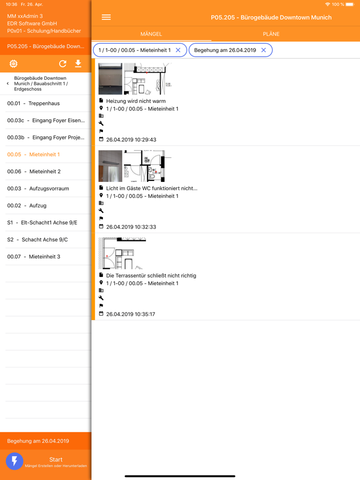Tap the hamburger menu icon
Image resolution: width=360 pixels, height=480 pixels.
point(106,17)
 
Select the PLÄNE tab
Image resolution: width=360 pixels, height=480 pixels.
point(271,34)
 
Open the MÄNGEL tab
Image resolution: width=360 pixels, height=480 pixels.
point(151,34)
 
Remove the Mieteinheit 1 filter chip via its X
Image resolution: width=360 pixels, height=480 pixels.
point(178,50)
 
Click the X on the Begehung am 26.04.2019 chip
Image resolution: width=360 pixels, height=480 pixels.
point(263,50)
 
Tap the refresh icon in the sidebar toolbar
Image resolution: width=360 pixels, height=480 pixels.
point(63,64)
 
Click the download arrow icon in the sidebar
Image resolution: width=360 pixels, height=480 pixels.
point(78,63)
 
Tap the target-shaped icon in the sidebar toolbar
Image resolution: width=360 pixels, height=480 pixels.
point(13,64)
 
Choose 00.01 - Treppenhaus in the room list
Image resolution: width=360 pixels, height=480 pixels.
point(33,103)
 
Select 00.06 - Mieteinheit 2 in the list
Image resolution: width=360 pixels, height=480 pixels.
point(34,172)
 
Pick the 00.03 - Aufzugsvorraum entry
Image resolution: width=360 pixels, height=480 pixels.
point(38,189)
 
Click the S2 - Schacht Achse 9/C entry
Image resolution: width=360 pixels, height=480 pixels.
point(38,239)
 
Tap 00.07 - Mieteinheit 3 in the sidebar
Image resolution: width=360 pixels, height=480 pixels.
point(34,256)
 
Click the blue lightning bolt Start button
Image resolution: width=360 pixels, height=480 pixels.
point(14,461)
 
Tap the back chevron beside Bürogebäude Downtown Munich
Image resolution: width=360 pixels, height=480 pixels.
point(8,84)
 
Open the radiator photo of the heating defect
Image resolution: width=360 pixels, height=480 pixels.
point(110,79)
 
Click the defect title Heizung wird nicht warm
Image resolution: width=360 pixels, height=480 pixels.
point(136,101)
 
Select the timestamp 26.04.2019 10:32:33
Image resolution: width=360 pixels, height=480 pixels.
point(131,227)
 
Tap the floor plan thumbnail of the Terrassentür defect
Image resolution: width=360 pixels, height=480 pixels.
point(122,253)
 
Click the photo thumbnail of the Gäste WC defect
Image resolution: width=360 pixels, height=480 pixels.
point(110,166)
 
